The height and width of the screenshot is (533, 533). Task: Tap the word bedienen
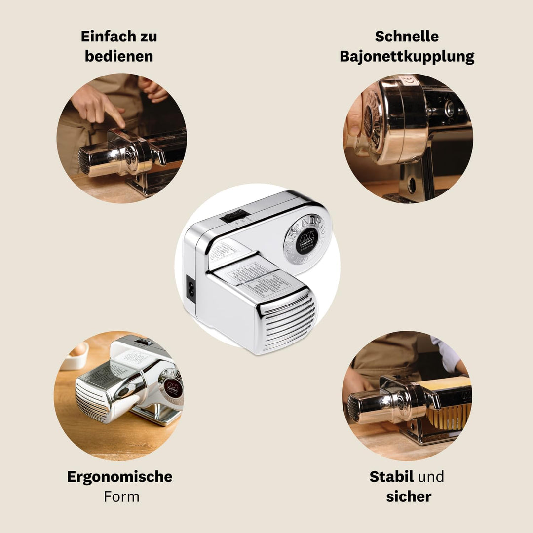pos(119,56)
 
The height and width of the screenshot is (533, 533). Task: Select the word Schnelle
pos(407,37)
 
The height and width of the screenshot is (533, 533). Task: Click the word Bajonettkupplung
pos(407,56)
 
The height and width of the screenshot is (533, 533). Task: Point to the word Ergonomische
pos(119,477)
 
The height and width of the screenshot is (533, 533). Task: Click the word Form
pos(121,496)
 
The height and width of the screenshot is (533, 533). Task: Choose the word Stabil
pos(391,477)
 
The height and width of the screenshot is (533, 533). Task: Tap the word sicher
pos(409,496)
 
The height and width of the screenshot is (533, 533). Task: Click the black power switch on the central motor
pos(233,215)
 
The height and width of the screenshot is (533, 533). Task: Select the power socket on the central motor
pos(190,288)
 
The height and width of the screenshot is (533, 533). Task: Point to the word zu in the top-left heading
pos(147,37)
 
